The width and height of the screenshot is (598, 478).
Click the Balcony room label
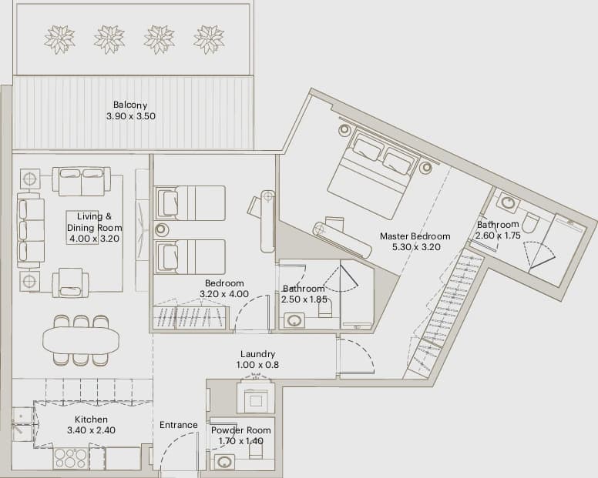tap(130, 105)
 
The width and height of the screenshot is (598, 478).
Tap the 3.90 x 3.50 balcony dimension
tap(131, 116)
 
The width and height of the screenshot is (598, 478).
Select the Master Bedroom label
tap(415, 236)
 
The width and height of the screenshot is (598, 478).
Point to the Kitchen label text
tap(91, 420)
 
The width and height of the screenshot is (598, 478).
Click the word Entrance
tap(179, 425)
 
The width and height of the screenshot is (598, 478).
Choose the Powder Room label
tap(241, 430)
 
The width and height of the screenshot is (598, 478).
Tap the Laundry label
tap(258, 354)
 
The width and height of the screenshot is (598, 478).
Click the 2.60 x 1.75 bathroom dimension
tap(498, 236)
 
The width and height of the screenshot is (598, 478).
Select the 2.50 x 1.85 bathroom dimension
tap(304, 299)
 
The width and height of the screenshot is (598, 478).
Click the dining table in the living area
tap(80, 341)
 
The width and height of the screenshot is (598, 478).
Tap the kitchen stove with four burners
tap(71, 458)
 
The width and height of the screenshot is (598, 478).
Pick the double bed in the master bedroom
tap(368, 174)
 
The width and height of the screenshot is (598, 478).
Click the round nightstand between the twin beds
tap(162, 229)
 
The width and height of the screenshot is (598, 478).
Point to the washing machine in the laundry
tap(256, 397)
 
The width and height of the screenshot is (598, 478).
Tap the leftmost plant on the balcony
tap(60, 39)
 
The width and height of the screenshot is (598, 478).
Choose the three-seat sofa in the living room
tap(31, 230)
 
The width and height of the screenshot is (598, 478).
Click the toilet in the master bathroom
tap(529, 223)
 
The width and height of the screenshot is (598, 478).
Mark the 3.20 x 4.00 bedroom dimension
tap(224, 294)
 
